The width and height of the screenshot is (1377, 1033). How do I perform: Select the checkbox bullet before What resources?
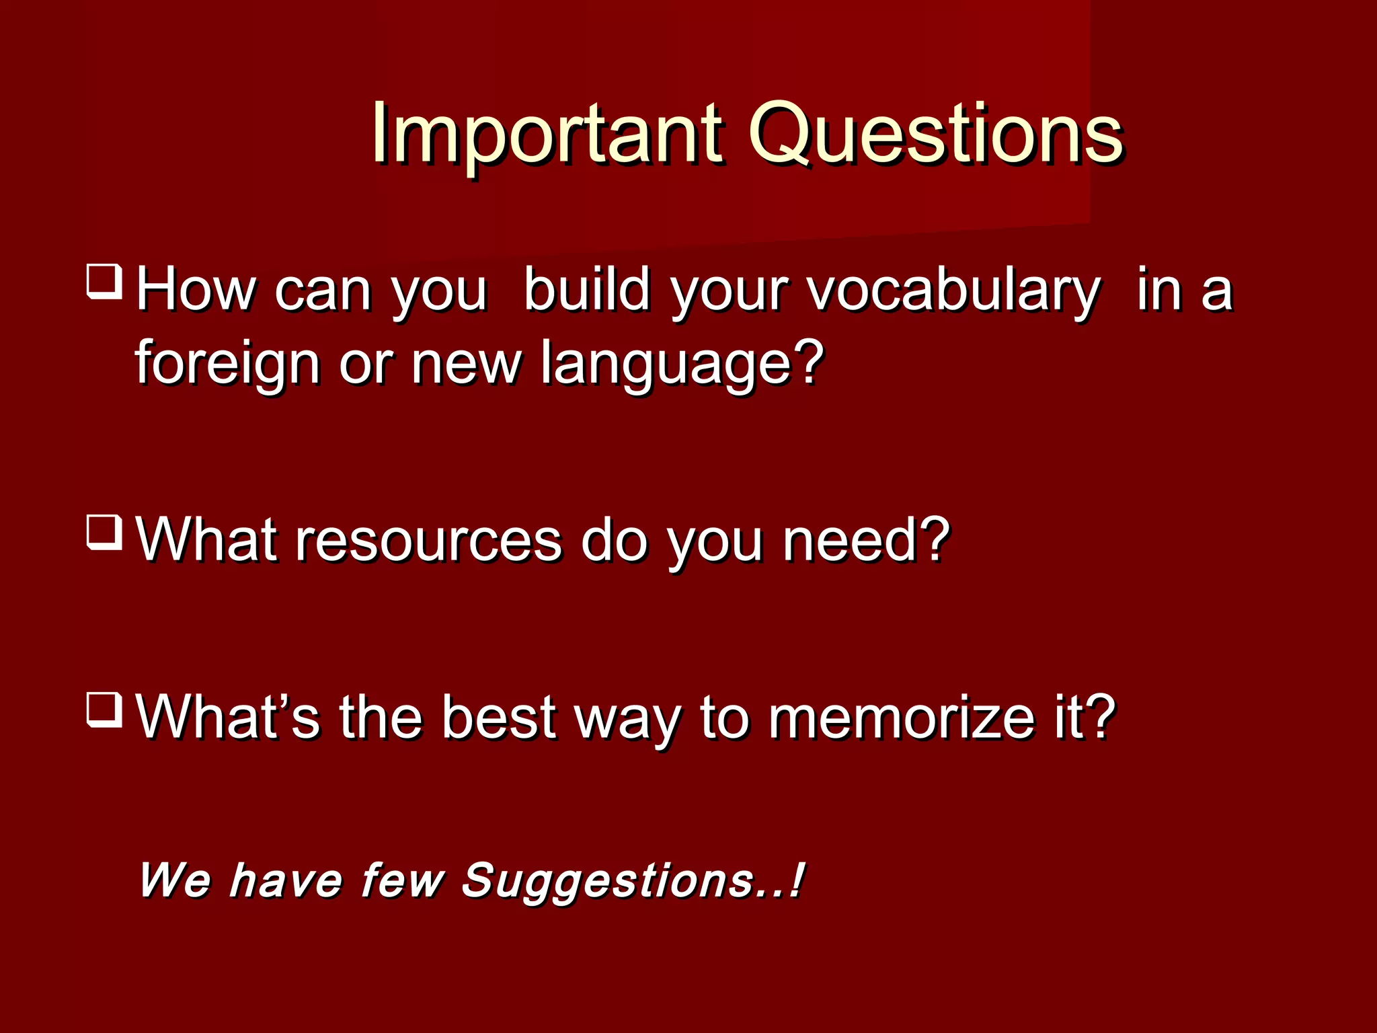(104, 533)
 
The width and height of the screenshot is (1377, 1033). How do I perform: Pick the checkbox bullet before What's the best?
(104, 710)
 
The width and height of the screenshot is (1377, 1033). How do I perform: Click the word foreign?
(227, 363)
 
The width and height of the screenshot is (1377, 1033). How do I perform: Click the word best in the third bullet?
(499, 718)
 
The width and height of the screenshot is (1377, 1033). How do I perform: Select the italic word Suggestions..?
(632, 881)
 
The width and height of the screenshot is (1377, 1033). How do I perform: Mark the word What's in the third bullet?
(227, 718)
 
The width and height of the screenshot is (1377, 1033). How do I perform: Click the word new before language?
(465, 363)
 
